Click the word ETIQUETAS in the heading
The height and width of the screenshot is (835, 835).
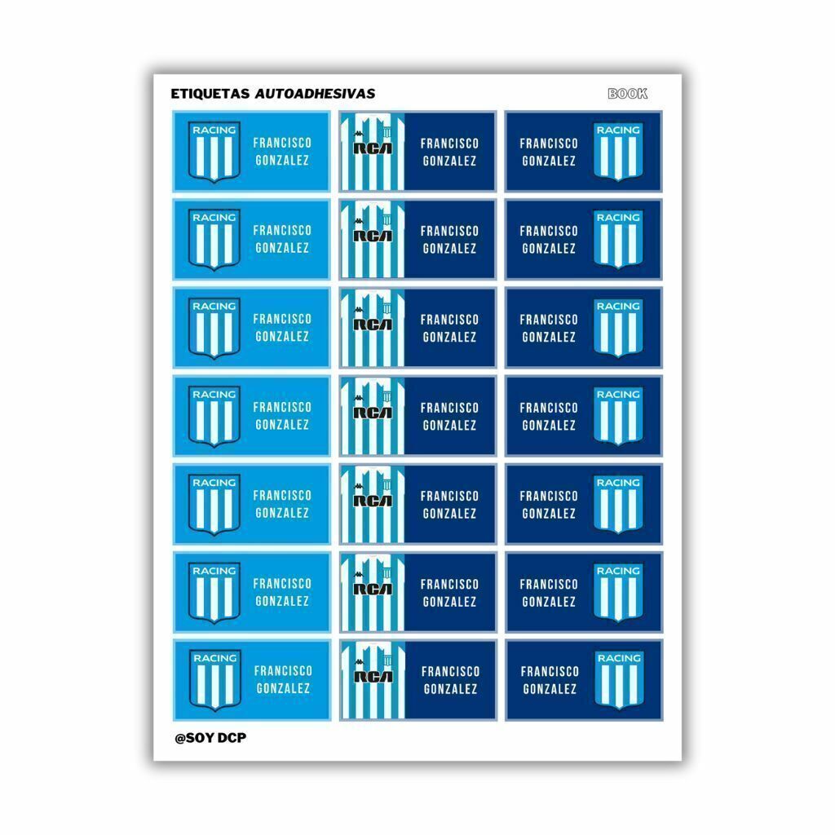tap(210, 94)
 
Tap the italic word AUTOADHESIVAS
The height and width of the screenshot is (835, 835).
tap(316, 94)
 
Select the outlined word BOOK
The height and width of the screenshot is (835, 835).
tap(628, 94)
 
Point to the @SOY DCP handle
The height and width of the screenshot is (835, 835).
tap(210, 738)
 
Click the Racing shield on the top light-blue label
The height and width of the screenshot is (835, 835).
tap(214, 152)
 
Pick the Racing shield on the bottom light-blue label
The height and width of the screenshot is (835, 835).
tap(215, 680)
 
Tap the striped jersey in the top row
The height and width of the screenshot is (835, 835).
tap(372, 152)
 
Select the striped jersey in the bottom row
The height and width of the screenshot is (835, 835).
tap(373, 680)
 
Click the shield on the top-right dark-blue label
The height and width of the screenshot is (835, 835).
tap(618, 152)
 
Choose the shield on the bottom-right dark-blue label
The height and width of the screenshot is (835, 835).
tap(620, 680)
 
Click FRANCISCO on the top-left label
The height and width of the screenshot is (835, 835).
tap(282, 143)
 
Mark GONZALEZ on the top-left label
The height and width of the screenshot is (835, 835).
tap(282, 161)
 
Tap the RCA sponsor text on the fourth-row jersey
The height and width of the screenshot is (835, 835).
tap(373, 412)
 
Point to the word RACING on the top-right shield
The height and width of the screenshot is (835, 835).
tap(618, 130)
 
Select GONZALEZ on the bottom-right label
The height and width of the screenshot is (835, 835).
tap(550, 689)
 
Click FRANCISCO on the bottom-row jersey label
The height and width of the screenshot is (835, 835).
tap(450, 672)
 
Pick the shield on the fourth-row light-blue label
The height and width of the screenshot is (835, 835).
tap(214, 416)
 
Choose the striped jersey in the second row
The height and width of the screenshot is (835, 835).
tap(372, 239)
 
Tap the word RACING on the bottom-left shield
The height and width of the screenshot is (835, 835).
tap(215, 658)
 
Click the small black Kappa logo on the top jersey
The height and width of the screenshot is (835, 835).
tap(359, 134)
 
